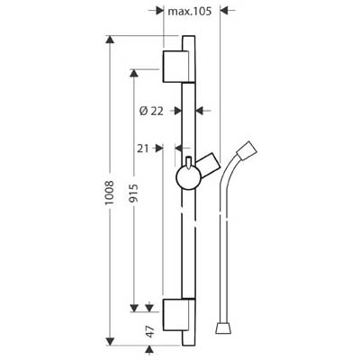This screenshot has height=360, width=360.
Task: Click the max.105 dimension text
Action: coord(190,12)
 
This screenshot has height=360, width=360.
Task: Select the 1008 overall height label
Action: coord(110,193)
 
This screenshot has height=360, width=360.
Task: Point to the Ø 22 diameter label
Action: coord(151,112)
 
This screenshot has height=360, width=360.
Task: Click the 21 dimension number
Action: coord(143,148)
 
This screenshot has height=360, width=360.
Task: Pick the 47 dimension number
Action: coord(149,331)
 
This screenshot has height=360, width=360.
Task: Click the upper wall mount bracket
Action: coord(175,67)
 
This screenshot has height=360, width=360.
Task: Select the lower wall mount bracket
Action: coord(175,315)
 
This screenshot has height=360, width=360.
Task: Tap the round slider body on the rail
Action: coord(188,178)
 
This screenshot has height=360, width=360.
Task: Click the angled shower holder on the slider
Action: coord(209,166)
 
